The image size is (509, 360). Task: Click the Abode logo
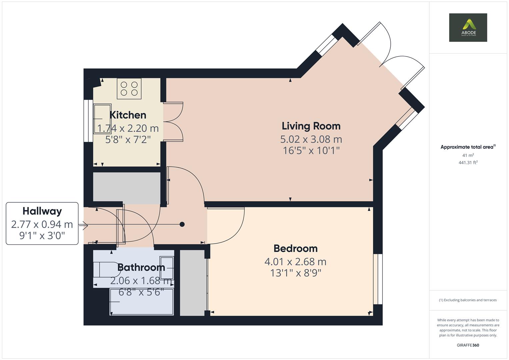coord(468,27)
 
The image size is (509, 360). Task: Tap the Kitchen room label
coord(128,115)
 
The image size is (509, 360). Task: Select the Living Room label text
coord(311,126)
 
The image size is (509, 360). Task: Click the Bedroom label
coord(295,248)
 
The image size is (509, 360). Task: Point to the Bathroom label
coord(141,267)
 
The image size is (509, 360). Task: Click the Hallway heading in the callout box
coord(42,211)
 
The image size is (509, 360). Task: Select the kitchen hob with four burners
coord(129,88)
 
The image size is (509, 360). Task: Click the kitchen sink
coord(102,119)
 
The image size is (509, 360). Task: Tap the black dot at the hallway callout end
coord(182,224)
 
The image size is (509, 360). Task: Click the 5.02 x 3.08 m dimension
coord(311,139)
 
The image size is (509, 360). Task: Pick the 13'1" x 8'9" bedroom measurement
coord(295,273)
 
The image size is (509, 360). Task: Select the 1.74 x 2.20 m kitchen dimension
coord(128,128)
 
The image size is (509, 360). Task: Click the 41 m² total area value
coord(468,155)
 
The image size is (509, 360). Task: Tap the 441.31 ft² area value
coord(468,163)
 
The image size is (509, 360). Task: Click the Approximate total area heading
coord(468,147)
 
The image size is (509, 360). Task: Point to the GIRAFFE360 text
coord(468,345)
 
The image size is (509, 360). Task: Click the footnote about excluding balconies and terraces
coord(468,300)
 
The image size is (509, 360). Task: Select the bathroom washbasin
coord(166,268)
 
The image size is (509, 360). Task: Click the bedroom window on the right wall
coord(378,279)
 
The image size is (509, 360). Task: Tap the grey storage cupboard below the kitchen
coord(126,188)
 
